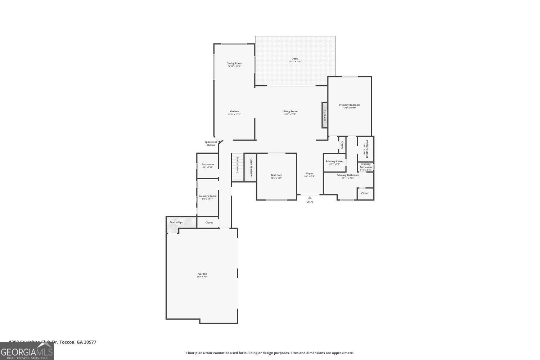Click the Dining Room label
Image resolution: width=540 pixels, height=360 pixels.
pos(234,63)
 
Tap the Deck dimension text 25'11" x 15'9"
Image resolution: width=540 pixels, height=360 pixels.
pos(294,62)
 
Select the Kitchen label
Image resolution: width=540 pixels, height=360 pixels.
pos(234,111)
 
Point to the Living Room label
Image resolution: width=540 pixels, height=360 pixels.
pos(290,111)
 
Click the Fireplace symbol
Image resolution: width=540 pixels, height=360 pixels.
pos(324,115)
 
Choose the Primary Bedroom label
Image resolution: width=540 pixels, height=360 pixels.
pos(349,105)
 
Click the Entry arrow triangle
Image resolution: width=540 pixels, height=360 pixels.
pos(310,197)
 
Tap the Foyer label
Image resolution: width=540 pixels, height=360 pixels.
pos(310,173)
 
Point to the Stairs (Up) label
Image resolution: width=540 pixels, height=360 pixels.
pos(176,222)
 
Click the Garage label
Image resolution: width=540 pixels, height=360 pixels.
pos(202,274)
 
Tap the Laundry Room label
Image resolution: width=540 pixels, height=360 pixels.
pos(207,196)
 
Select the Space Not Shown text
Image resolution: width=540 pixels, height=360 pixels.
pos(211,143)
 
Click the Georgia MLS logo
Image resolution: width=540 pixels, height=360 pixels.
pos(27,351)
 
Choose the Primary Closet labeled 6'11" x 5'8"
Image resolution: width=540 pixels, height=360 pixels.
pos(334,161)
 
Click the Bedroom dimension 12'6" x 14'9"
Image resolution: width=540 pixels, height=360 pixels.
pos(276,178)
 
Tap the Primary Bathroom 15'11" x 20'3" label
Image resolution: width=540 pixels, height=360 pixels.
pos(348,175)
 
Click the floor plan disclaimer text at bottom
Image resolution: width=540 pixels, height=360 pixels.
pos(270,353)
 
